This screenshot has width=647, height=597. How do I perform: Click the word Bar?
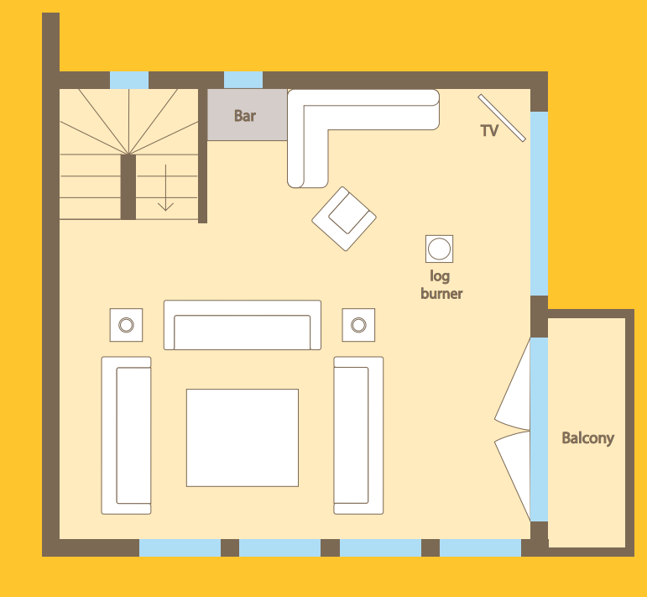245,116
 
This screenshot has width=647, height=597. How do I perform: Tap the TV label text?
489,131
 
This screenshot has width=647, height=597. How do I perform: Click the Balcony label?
587,438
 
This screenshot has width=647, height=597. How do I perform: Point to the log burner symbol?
439,249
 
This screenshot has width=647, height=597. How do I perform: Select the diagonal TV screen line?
502,118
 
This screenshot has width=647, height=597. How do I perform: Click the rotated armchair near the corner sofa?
344,219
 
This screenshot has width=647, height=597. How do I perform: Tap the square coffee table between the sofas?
243,437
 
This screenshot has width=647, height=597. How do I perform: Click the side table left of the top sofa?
126,325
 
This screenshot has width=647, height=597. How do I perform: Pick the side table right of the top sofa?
358,325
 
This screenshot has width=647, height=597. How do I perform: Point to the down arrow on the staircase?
165,188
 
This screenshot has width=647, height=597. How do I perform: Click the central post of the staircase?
128,186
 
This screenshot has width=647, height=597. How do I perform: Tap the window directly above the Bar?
243,80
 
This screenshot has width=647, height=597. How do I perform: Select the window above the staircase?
129,80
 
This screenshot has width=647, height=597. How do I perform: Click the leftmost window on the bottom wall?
180,547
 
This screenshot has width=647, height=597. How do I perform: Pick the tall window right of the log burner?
540,203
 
